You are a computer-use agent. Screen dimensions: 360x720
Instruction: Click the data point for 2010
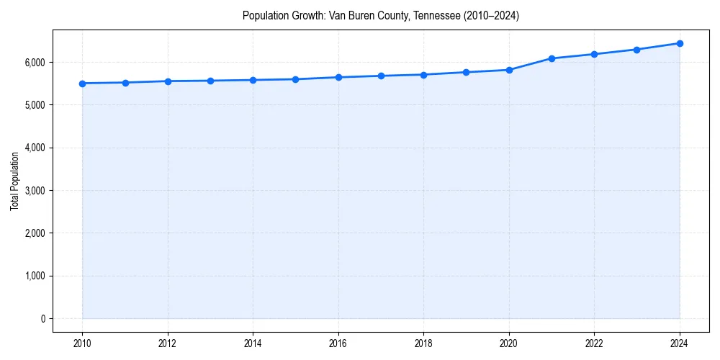pyautogui.click(x=83, y=84)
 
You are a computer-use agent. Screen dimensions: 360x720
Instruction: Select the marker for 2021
pyautogui.click(x=552, y=58)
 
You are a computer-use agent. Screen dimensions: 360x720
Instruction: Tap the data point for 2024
pyautogui.click(x=680, y=43)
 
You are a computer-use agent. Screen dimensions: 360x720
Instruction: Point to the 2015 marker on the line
pyautogui.click(x=296, y=79)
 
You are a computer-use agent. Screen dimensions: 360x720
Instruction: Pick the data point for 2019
pyautogui.click(x=467, y=72)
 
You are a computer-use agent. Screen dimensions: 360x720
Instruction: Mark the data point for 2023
pyautogui.click(x=636, y=50)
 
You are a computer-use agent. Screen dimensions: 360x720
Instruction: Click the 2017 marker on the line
pyautogui.click(x=381, y=76)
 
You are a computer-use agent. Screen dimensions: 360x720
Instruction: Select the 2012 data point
pyautogui.click(x=168, y=81)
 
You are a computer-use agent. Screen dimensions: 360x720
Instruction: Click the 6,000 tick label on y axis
pyautogui.click(x=34, y=63)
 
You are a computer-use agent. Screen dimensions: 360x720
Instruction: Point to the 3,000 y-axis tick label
pyautogui.click(x=34, y=191)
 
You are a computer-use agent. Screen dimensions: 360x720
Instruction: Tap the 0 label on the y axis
pyautogui.click(x=42, y=319)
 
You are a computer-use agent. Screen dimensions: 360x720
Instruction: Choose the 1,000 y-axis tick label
pyautogui.click(x=34, y=276)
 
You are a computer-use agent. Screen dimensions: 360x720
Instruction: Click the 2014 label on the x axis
pyautogui.click(x=253, y=343)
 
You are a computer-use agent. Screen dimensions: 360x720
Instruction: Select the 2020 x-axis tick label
pyautogui.click(x=509, y=343)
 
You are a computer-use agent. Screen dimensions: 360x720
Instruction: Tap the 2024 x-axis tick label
pyautogui.click(x=680, y=343)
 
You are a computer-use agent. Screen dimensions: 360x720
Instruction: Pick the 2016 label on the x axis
pyautogui.click(x=338, y=343)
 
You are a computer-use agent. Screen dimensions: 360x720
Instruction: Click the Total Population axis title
pyautogui.click(x=14, y=181)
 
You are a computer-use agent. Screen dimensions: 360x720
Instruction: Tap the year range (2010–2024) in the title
pyautogui.click(x=491, y=15)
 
